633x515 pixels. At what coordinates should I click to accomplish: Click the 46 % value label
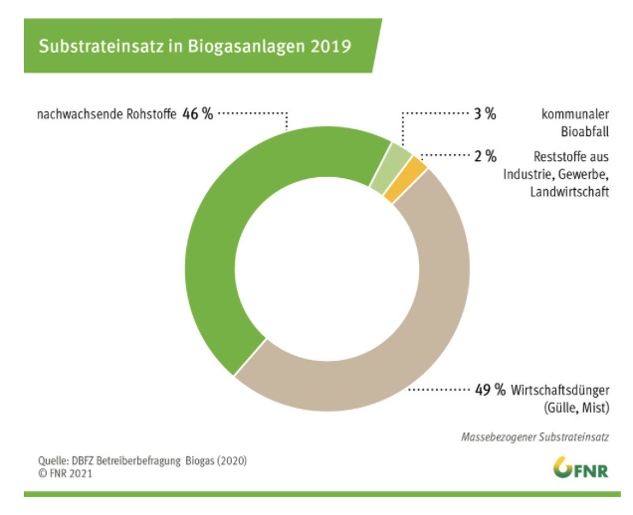click(x=197, y=114)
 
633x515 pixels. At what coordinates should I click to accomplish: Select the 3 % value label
click(x=485, y=114)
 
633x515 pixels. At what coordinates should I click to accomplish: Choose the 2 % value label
click(x=485, y=156)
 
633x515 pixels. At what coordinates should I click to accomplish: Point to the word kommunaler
click(x=574, y=114)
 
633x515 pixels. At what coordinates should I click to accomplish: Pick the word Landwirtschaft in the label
click(x=568, y=190)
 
